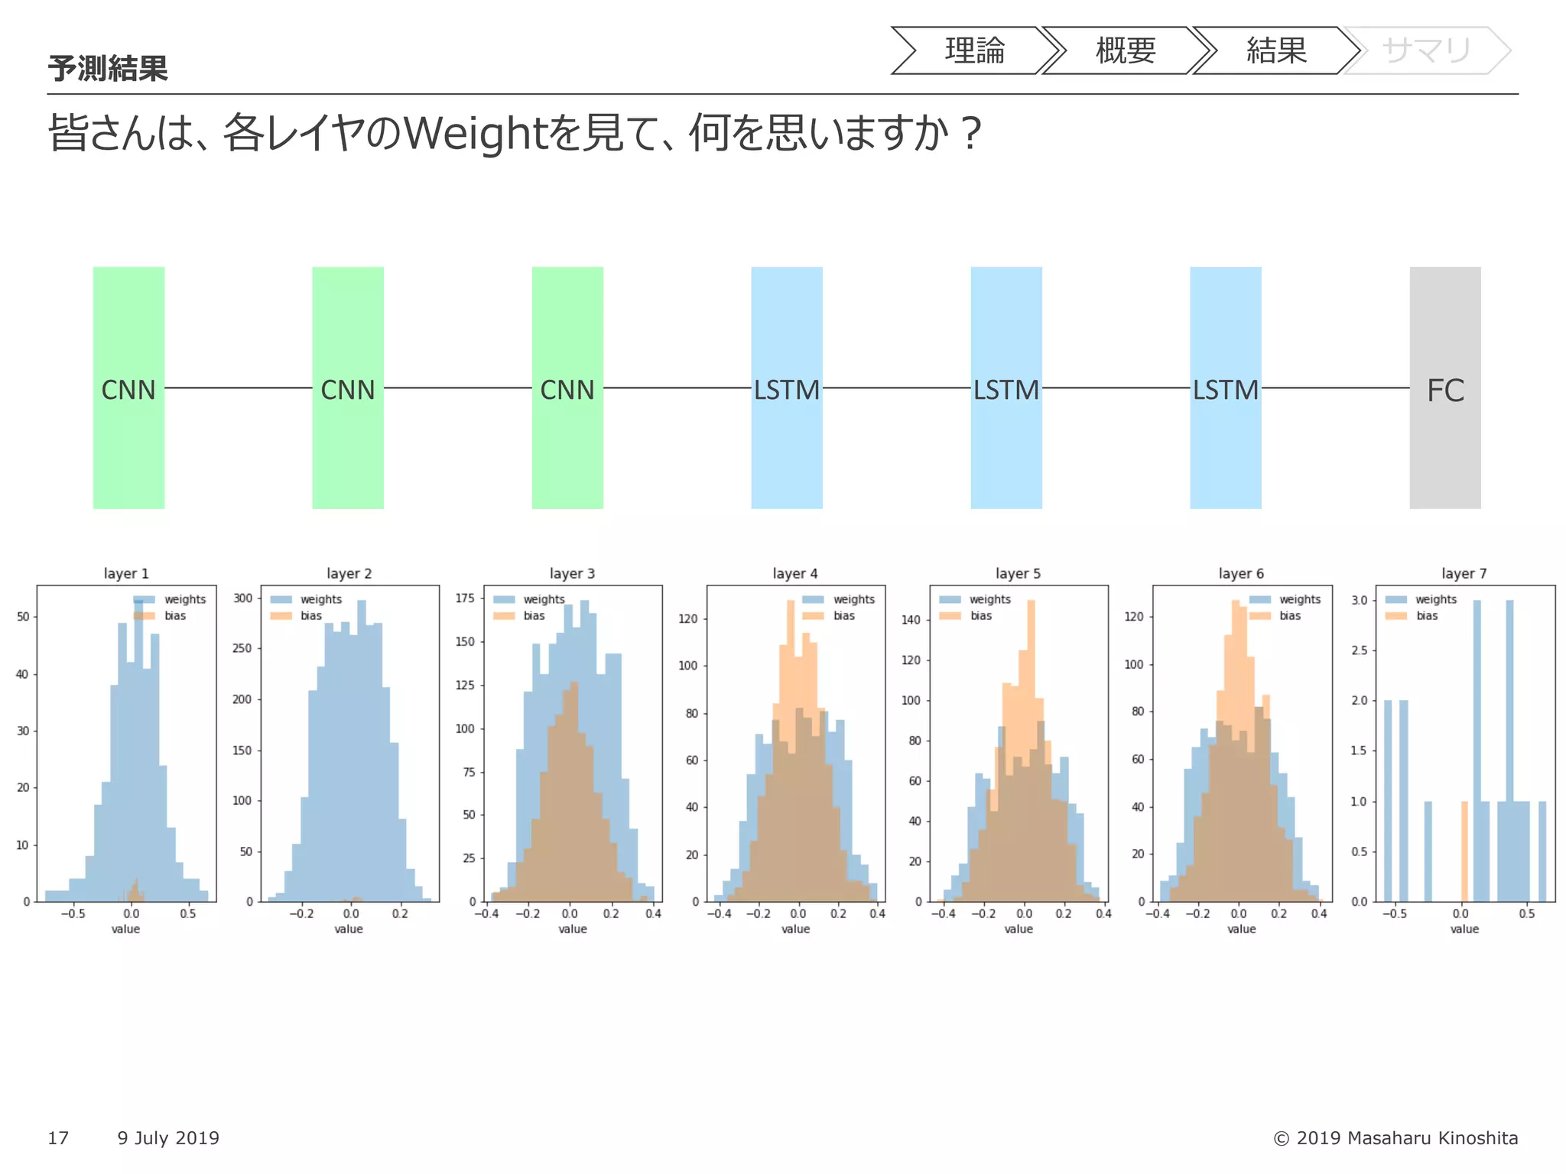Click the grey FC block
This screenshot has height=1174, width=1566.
[1444, 388]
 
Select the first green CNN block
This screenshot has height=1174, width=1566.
[128, 388]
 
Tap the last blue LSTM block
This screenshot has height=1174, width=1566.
[1225, 388]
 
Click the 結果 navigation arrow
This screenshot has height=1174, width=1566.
[1275, 50]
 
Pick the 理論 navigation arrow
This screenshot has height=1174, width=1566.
[974, 50]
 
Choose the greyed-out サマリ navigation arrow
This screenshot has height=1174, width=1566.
[1426, 50]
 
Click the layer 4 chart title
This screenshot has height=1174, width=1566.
[794, 573]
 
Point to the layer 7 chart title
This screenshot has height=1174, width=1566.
[1464, 573]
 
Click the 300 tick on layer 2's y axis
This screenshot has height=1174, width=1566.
[242, 598]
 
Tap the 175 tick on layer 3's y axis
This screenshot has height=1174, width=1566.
[465, 598]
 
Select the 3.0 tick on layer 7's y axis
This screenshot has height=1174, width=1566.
[1359, 600]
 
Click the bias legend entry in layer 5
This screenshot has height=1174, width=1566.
[980, 615]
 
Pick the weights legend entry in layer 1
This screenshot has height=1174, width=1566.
[184, 599]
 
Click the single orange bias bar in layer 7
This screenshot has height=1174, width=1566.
[1464, 851]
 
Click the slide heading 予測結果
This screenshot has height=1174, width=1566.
[108, 69]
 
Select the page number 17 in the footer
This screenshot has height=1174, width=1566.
[58, 1138]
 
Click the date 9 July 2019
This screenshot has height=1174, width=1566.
[168, 1138]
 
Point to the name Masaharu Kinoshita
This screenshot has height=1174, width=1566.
[1432, 1138]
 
